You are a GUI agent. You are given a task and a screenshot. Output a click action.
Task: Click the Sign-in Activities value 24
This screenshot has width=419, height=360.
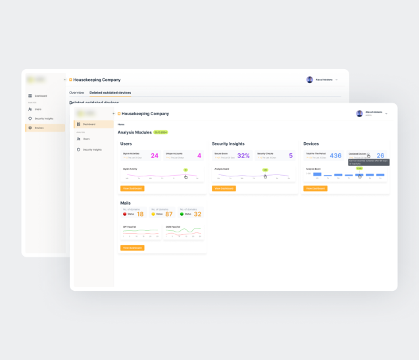155,156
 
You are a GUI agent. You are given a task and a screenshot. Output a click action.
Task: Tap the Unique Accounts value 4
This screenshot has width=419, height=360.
199,156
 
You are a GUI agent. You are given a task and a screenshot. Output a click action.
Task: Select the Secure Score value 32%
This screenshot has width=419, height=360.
243,156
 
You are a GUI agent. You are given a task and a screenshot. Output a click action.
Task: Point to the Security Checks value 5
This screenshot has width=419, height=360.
291,156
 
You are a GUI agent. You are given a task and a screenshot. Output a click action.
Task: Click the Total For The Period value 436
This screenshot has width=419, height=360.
335,156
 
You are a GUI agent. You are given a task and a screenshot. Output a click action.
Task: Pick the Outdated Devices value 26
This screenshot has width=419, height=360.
380,156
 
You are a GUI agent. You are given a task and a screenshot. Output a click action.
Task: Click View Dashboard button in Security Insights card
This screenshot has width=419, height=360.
224,188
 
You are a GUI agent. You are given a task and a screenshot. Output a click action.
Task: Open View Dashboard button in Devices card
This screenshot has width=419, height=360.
315,188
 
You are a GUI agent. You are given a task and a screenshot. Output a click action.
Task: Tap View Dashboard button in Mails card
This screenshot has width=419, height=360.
132,247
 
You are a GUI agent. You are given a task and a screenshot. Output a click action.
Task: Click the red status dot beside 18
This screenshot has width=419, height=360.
125,214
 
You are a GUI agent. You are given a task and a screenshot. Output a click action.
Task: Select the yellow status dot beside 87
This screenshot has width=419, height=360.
153,214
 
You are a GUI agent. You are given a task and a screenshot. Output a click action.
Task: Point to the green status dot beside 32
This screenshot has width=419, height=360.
182,214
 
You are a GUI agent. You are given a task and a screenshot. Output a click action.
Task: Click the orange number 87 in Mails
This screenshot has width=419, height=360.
169,214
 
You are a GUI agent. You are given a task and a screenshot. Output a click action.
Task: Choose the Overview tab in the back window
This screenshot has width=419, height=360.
77,93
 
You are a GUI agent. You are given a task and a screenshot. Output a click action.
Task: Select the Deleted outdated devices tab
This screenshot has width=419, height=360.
110,93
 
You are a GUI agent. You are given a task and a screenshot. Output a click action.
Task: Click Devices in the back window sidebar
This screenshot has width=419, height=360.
39,128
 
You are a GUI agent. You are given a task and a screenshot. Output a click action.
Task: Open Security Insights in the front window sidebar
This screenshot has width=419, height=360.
92,149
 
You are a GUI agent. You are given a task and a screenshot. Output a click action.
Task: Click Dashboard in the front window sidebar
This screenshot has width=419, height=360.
89,124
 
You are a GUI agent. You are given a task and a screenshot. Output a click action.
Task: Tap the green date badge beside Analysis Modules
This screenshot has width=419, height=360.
160,132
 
